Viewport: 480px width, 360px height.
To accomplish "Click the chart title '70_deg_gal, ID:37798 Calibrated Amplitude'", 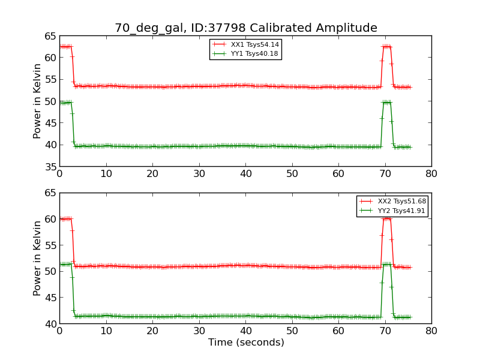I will tap(246, 28).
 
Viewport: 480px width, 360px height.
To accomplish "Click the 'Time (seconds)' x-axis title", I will tap(246, 343).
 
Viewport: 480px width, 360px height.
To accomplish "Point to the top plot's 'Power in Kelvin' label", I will tap(38, 101).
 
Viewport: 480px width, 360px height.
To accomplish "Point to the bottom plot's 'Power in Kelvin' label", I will tap(38, 258).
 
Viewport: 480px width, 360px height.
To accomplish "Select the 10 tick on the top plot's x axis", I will tap(106, 173).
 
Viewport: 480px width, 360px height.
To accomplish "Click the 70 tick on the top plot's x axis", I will tap(385, 173).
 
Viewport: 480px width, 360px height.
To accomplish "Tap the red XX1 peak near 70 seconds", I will tap(386, 46).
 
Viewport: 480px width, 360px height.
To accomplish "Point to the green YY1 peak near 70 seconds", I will tap(386, 102).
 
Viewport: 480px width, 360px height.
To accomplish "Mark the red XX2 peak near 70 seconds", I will tap(386, 218).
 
